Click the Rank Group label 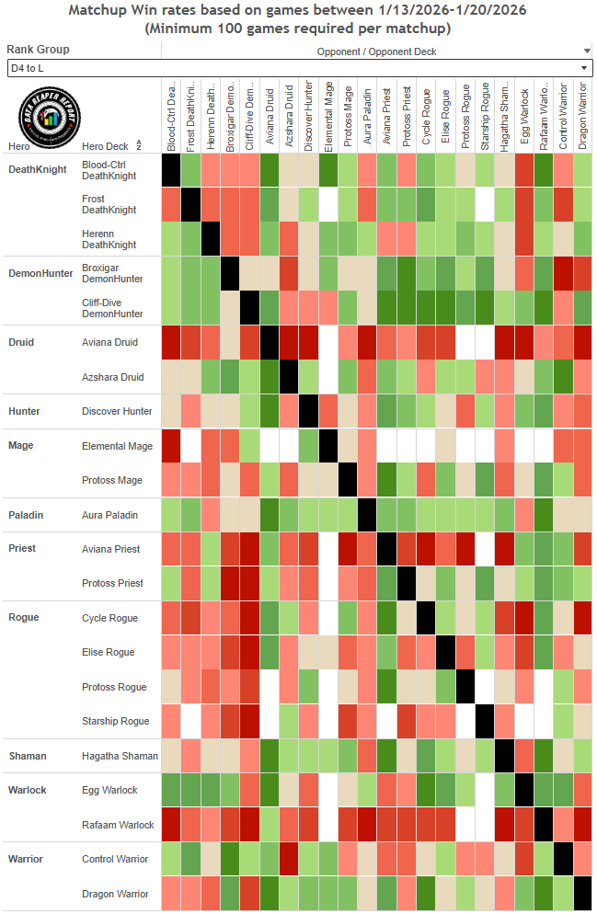click(38, 50)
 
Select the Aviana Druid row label click(109, 342)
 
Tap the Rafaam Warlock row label click(118, 825)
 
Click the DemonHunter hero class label click(40, 273)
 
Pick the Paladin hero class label click(27, 514)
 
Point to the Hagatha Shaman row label click(120, 756)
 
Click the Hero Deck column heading click(105, 146)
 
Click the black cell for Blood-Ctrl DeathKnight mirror click(170, 170)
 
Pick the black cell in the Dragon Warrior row click(582, 894)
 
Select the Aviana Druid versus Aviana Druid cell click(270, 342)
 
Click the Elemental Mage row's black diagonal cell click(327, 446)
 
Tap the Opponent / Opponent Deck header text click(377, 52)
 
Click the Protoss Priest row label click(111, 583)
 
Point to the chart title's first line click(298, 11)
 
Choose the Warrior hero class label click(28, 859)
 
